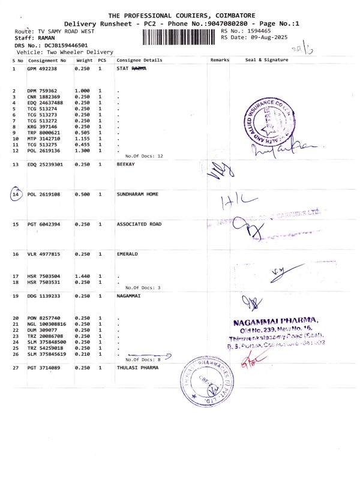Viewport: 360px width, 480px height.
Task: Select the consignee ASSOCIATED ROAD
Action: [139, 224]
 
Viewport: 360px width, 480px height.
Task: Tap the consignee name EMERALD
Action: [127, 254]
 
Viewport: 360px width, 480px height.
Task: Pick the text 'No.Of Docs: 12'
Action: [144, 155]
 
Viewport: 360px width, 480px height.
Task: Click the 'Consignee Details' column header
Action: [139, 61]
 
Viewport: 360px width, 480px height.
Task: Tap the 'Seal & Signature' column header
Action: [266, 60]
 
